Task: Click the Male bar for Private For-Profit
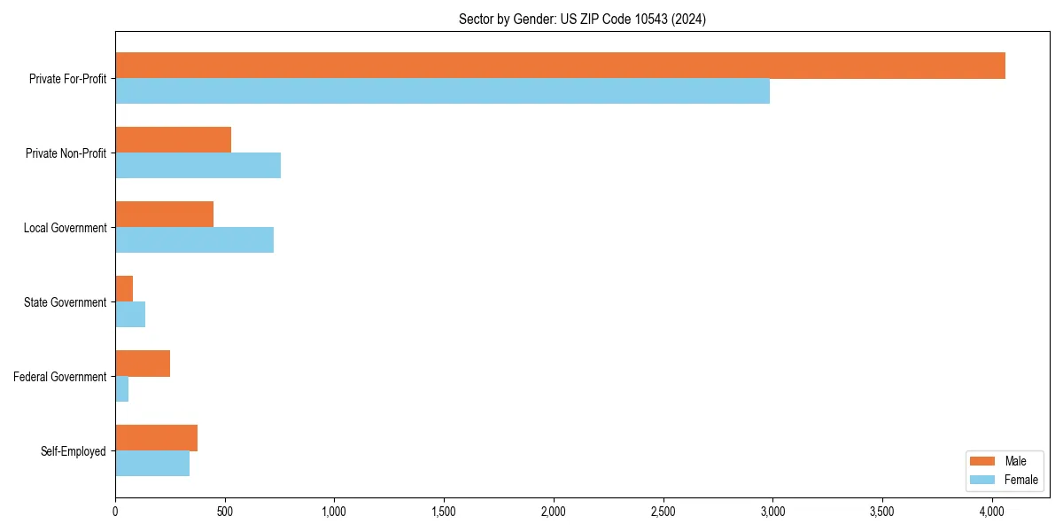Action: point(560,66)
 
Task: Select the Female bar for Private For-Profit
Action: point(442,91)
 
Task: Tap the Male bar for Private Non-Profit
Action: point(173,140)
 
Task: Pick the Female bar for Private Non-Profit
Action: point(198,166)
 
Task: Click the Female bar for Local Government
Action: point(194,240)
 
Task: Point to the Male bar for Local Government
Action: point(164,215)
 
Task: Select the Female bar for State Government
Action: point(130,315)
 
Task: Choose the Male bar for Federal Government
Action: point(143,364)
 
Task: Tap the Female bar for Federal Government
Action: point(122,389)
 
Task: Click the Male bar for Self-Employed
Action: point(156,438)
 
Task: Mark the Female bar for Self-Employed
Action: point(152,464)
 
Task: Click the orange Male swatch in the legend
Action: point(983,461)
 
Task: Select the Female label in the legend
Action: point(1021,480)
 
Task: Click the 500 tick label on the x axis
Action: point(225,512)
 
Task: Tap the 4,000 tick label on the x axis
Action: point(992,512)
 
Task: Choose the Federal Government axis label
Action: point(60,377)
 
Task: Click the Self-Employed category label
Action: point(74,451)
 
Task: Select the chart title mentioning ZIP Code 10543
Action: point(582,19)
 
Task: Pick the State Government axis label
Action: point(65,302)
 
